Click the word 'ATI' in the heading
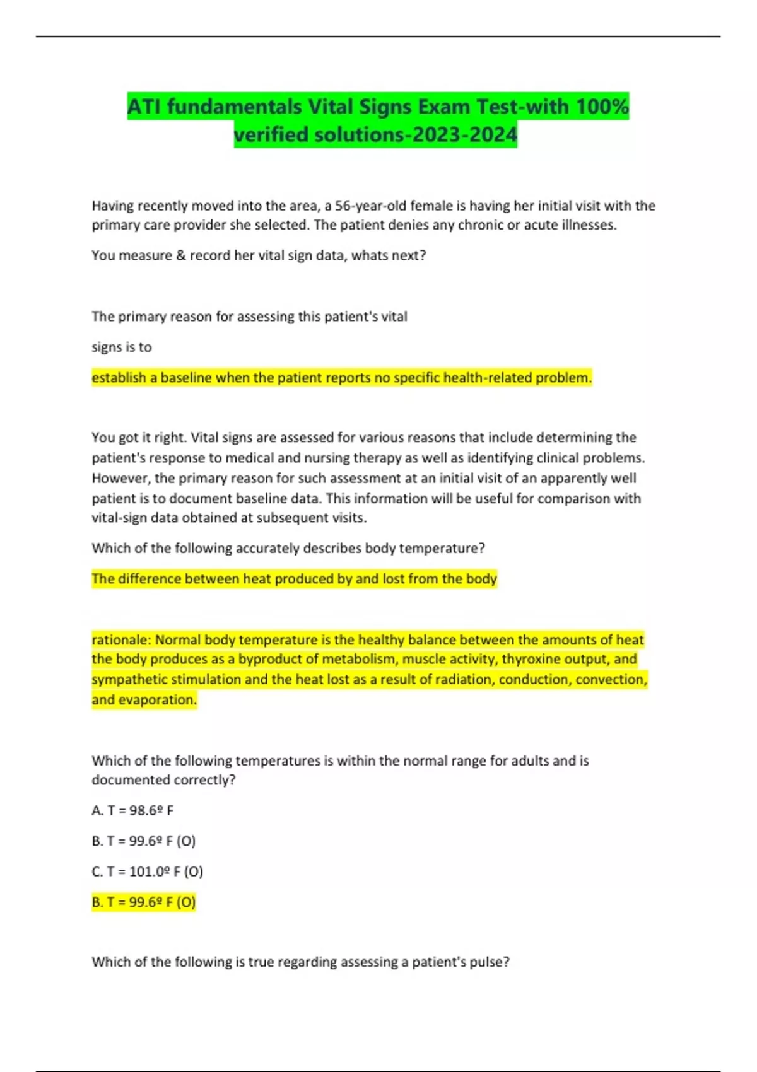pyautogui.click(x=144, y=106)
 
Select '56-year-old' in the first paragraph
pyautogui.click(x=371, y=206)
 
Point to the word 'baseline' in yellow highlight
pyautogui.click(x=186, y=378)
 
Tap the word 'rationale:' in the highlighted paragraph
pyautogui.click(x=122, y=639)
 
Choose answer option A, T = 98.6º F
pyautogui.click(x=132, y=810)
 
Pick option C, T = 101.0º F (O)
pyautogui.click(x=147, y=871)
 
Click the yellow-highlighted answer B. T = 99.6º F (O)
pyautogui.click(x=144, y=902)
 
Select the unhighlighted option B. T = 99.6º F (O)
pyautogui.click(x=144, y=841)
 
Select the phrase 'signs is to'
pyautogui.click(x=122, y=347)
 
